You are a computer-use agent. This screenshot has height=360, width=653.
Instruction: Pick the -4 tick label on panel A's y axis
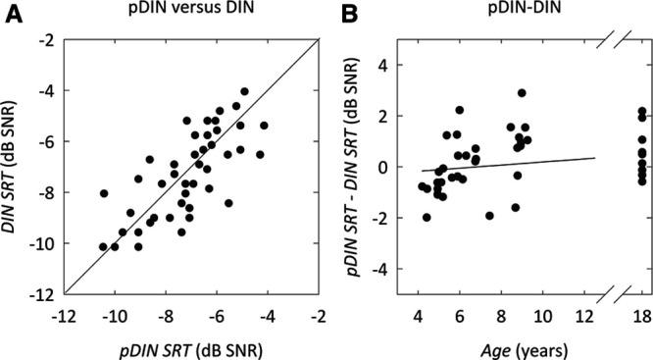point(44,90)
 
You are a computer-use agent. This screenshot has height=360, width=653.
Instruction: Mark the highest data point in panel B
point(522,93)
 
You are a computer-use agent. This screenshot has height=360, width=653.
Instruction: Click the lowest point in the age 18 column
point(642,181)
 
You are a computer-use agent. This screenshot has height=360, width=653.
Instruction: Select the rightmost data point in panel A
point(264,126)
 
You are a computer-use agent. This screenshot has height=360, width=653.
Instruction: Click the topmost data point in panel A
point(244,91)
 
